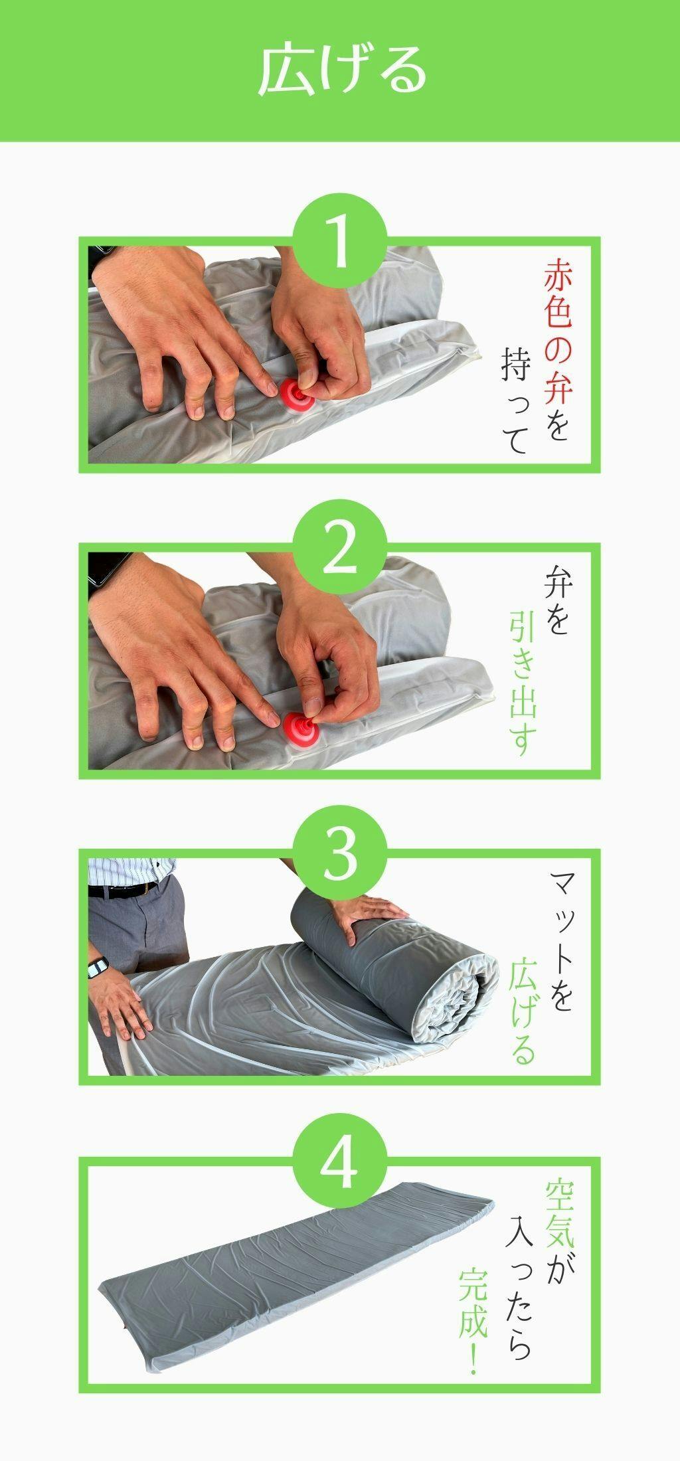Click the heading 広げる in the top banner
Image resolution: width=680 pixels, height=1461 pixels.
click(341, 70)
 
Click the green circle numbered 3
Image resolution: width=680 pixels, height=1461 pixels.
click(340, 852)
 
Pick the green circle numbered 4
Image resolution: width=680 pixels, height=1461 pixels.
click(340, 1160)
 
